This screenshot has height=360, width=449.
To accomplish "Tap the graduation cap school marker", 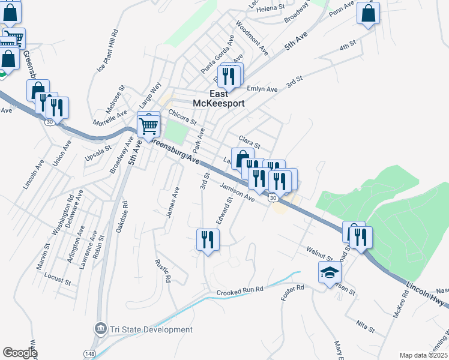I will point(329,274).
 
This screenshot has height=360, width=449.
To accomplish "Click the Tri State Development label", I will point(151,329).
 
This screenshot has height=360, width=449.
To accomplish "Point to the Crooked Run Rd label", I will point(240,291).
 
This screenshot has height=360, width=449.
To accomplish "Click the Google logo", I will point(20,353).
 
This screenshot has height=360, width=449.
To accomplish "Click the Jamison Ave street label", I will point(238,193).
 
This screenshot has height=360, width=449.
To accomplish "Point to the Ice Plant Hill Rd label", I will point(109,51).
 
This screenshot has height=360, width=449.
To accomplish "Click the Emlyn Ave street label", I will point(262,89).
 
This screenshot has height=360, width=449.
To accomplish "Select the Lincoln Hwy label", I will point(426,293).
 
